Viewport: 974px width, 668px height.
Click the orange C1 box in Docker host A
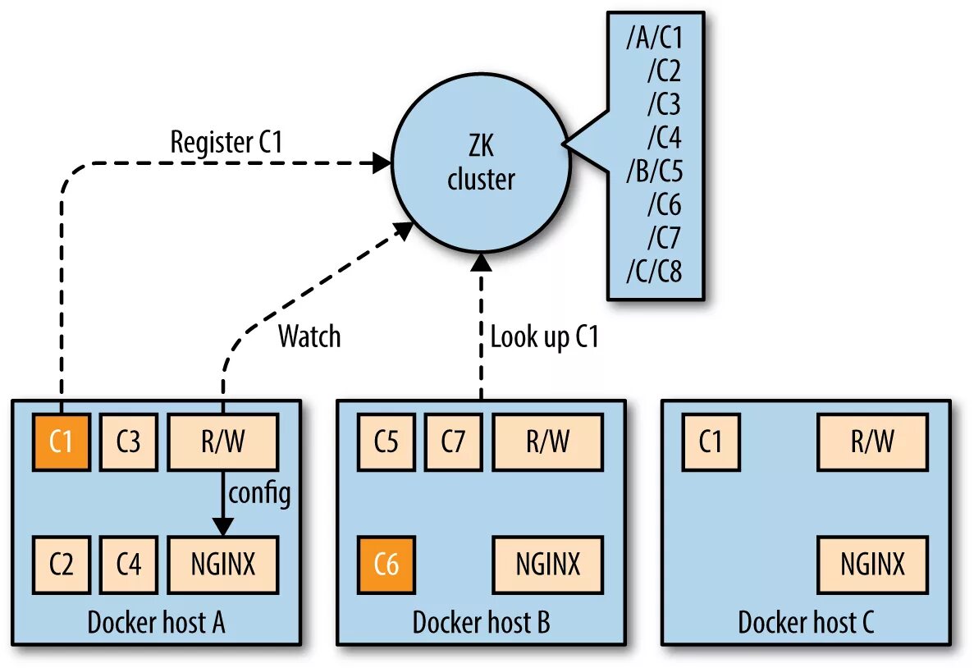coord(62,442)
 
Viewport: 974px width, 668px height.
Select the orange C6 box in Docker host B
coord(386,565)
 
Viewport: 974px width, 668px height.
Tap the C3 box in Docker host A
coord(129,442)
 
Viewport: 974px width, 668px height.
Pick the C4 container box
coord(129,565)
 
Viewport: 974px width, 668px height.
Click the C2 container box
coord(62,565)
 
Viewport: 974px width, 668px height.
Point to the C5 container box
coord(386,442)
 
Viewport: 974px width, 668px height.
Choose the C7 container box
coord(454,442)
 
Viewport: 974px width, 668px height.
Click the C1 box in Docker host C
coord(711,442)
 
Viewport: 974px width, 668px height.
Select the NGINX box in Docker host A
coord(223,565)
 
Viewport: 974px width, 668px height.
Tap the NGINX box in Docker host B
coord(547,565)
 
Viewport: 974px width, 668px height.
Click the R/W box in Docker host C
coord(872,442)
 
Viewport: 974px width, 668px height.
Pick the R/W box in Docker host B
coord(547,442)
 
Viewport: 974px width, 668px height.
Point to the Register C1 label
coord(226,142)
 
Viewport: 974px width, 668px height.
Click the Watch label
coord(309,336)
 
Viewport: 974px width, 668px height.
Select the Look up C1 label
coord(544,336)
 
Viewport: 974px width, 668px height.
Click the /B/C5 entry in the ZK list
coord(654,171)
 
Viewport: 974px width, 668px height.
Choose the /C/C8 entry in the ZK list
coord(654,271)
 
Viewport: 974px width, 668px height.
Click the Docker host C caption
coord(806,622)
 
